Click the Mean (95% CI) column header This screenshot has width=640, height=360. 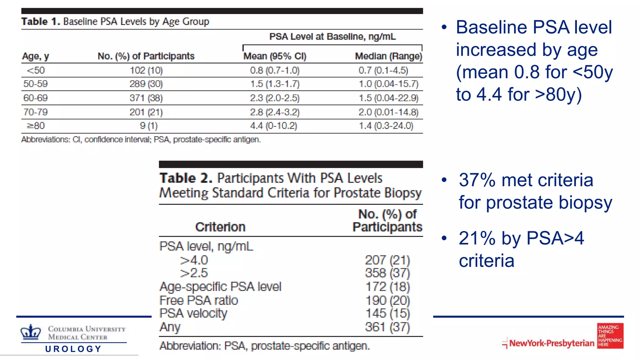(x=275, y=56)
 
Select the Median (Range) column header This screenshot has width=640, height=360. (x=388, y=56)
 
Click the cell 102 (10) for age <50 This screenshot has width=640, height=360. (x=146, y=70)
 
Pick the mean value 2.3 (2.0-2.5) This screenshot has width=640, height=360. (x=275, y=98)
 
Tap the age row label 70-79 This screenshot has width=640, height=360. (x=35, y=112)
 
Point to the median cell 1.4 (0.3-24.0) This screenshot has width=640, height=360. (x=386, y=126)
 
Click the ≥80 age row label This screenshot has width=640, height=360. (x=36, y=126)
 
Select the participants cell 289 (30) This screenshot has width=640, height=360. (x=146, y=84)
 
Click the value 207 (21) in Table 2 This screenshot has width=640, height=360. (x=387, y=260)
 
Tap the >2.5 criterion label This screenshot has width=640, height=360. (x=194, y=273)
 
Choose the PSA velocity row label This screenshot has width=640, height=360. (x=193, y=313)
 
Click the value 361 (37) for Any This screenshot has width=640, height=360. (x=387, y=327)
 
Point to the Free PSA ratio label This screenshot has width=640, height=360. (x=198, y=300)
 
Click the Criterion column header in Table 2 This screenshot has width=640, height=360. (x=220, y=227)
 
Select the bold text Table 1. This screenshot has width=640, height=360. (x=40, y=22)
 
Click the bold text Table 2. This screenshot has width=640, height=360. (x=186, y=178)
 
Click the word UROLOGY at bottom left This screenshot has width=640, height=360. (x=73, y=349)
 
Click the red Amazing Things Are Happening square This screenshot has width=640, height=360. (x=610, y=336)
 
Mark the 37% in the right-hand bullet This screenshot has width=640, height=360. (x=477, y=180)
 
